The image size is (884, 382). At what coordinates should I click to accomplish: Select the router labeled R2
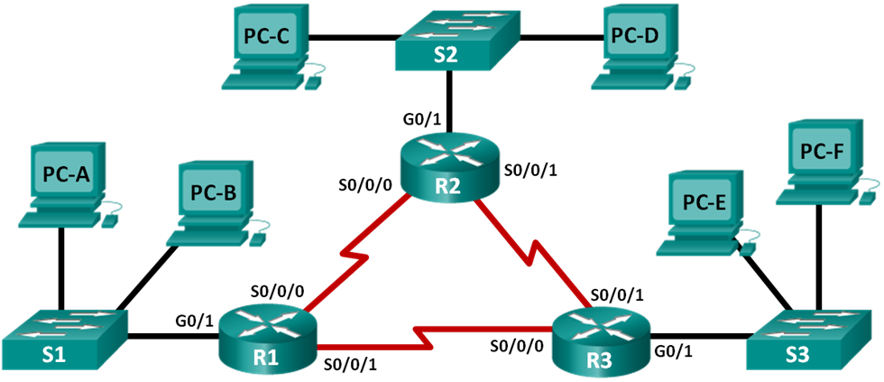[447, 168]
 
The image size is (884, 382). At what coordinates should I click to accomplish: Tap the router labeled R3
[599, 341]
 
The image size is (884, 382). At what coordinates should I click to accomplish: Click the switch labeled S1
[64, 340]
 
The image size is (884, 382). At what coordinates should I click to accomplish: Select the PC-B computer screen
[214, 191]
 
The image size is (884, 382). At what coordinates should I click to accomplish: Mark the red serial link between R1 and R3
[424, 337]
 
